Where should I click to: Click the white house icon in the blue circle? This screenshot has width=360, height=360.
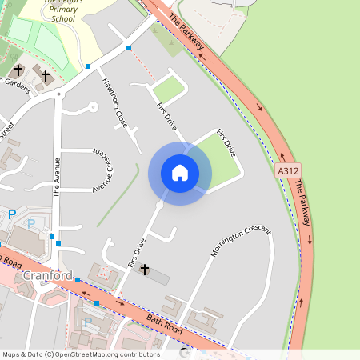(x=179, y=173)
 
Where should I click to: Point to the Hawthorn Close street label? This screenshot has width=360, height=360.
(x=114, y=103)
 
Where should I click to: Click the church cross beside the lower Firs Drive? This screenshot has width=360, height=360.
(x=145, y=270)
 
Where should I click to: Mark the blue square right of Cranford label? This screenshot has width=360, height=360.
(x=78, y=278)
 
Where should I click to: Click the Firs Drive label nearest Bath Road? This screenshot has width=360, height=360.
(x=137, y=251)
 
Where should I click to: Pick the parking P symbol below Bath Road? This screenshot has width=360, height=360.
(x=87, y=322)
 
